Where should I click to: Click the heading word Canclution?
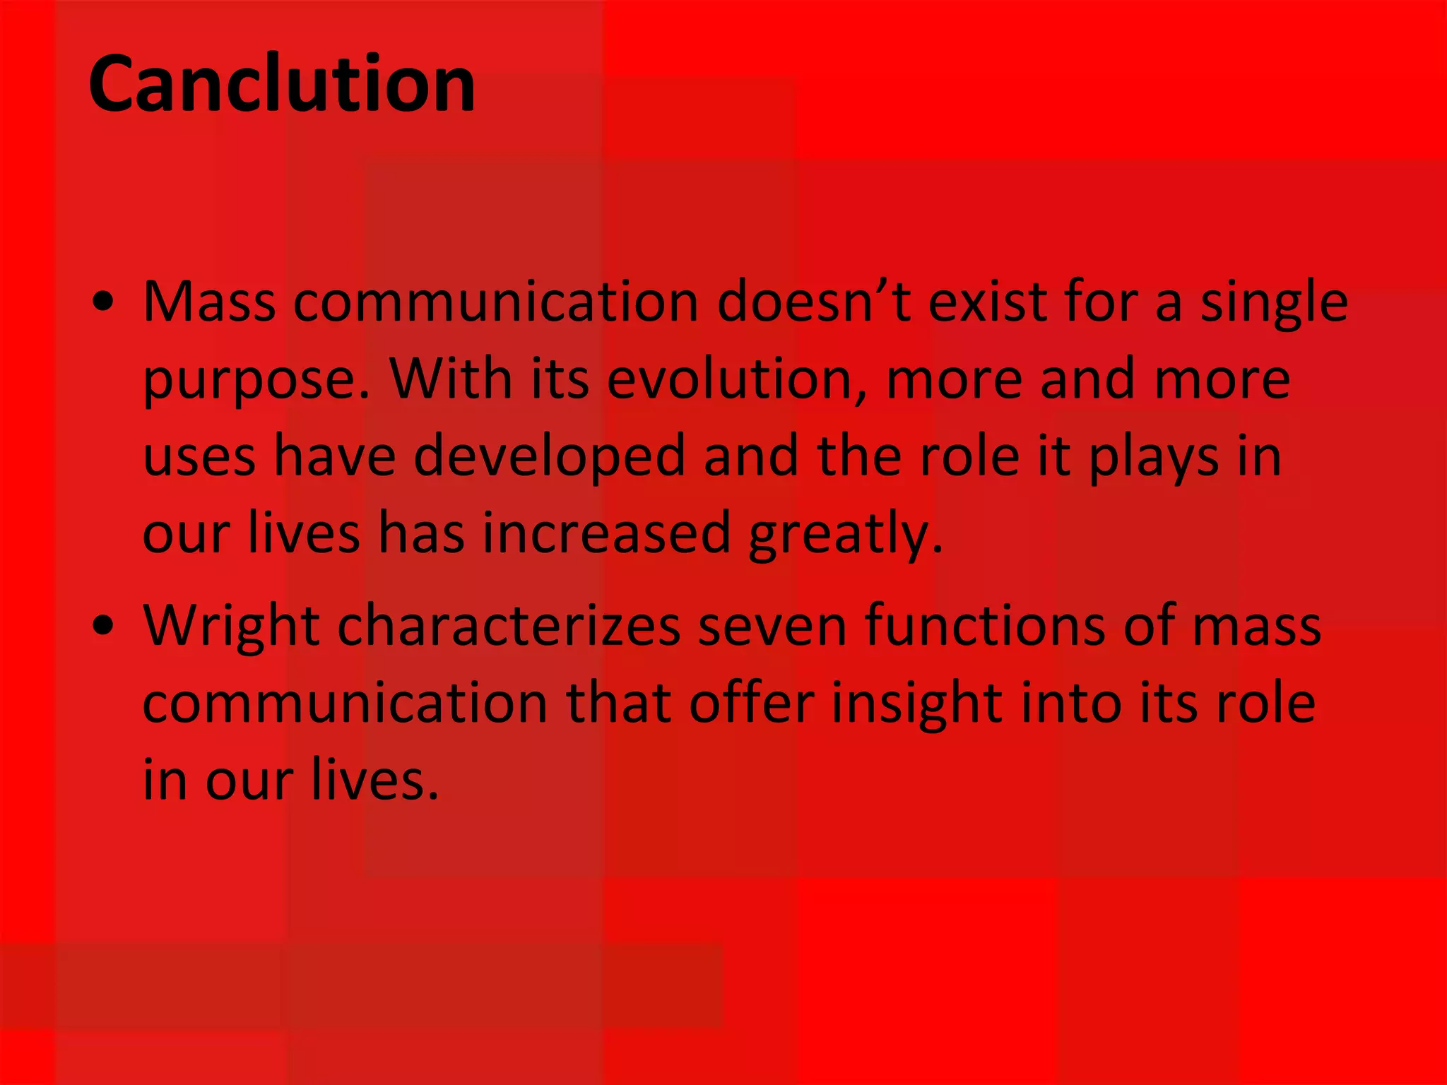(x=282, y=84)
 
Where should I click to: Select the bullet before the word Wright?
(x=103, y=627)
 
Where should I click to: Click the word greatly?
(x=845, y=535)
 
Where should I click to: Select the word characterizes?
(x=509, y=626)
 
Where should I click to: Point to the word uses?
(x=199, y=457)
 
